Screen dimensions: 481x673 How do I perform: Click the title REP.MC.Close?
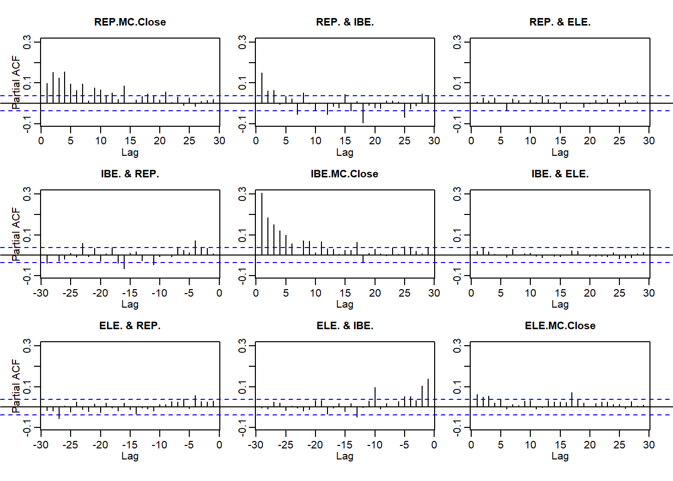(130, 22)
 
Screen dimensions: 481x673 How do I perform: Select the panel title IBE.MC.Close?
(345, 174)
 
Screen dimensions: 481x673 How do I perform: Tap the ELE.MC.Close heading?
(560, 326)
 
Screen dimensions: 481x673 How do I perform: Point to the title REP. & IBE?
(345, 22)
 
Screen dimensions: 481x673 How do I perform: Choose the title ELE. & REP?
(130, 326)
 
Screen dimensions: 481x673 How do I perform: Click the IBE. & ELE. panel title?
(560, 174)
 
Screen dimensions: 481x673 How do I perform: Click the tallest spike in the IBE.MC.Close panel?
(262, 223)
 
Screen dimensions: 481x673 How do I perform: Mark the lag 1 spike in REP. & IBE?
(262, 88)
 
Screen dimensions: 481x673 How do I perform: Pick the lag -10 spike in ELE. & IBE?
(375, 397)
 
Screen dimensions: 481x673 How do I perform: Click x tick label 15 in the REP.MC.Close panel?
(130, 141)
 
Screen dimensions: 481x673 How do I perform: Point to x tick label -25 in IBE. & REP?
(71, 293)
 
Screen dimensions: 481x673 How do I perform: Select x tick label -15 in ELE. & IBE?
(345, 445)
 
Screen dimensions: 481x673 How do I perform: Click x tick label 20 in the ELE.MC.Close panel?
(590, 445)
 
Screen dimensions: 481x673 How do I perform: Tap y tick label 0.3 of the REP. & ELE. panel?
(457, 42)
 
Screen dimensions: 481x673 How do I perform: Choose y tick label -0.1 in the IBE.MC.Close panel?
(242, 275)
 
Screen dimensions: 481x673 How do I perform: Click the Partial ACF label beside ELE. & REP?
(16, 386)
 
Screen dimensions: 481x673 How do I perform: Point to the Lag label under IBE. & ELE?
(560, 304)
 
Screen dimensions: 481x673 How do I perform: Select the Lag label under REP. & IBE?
(345, 152)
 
